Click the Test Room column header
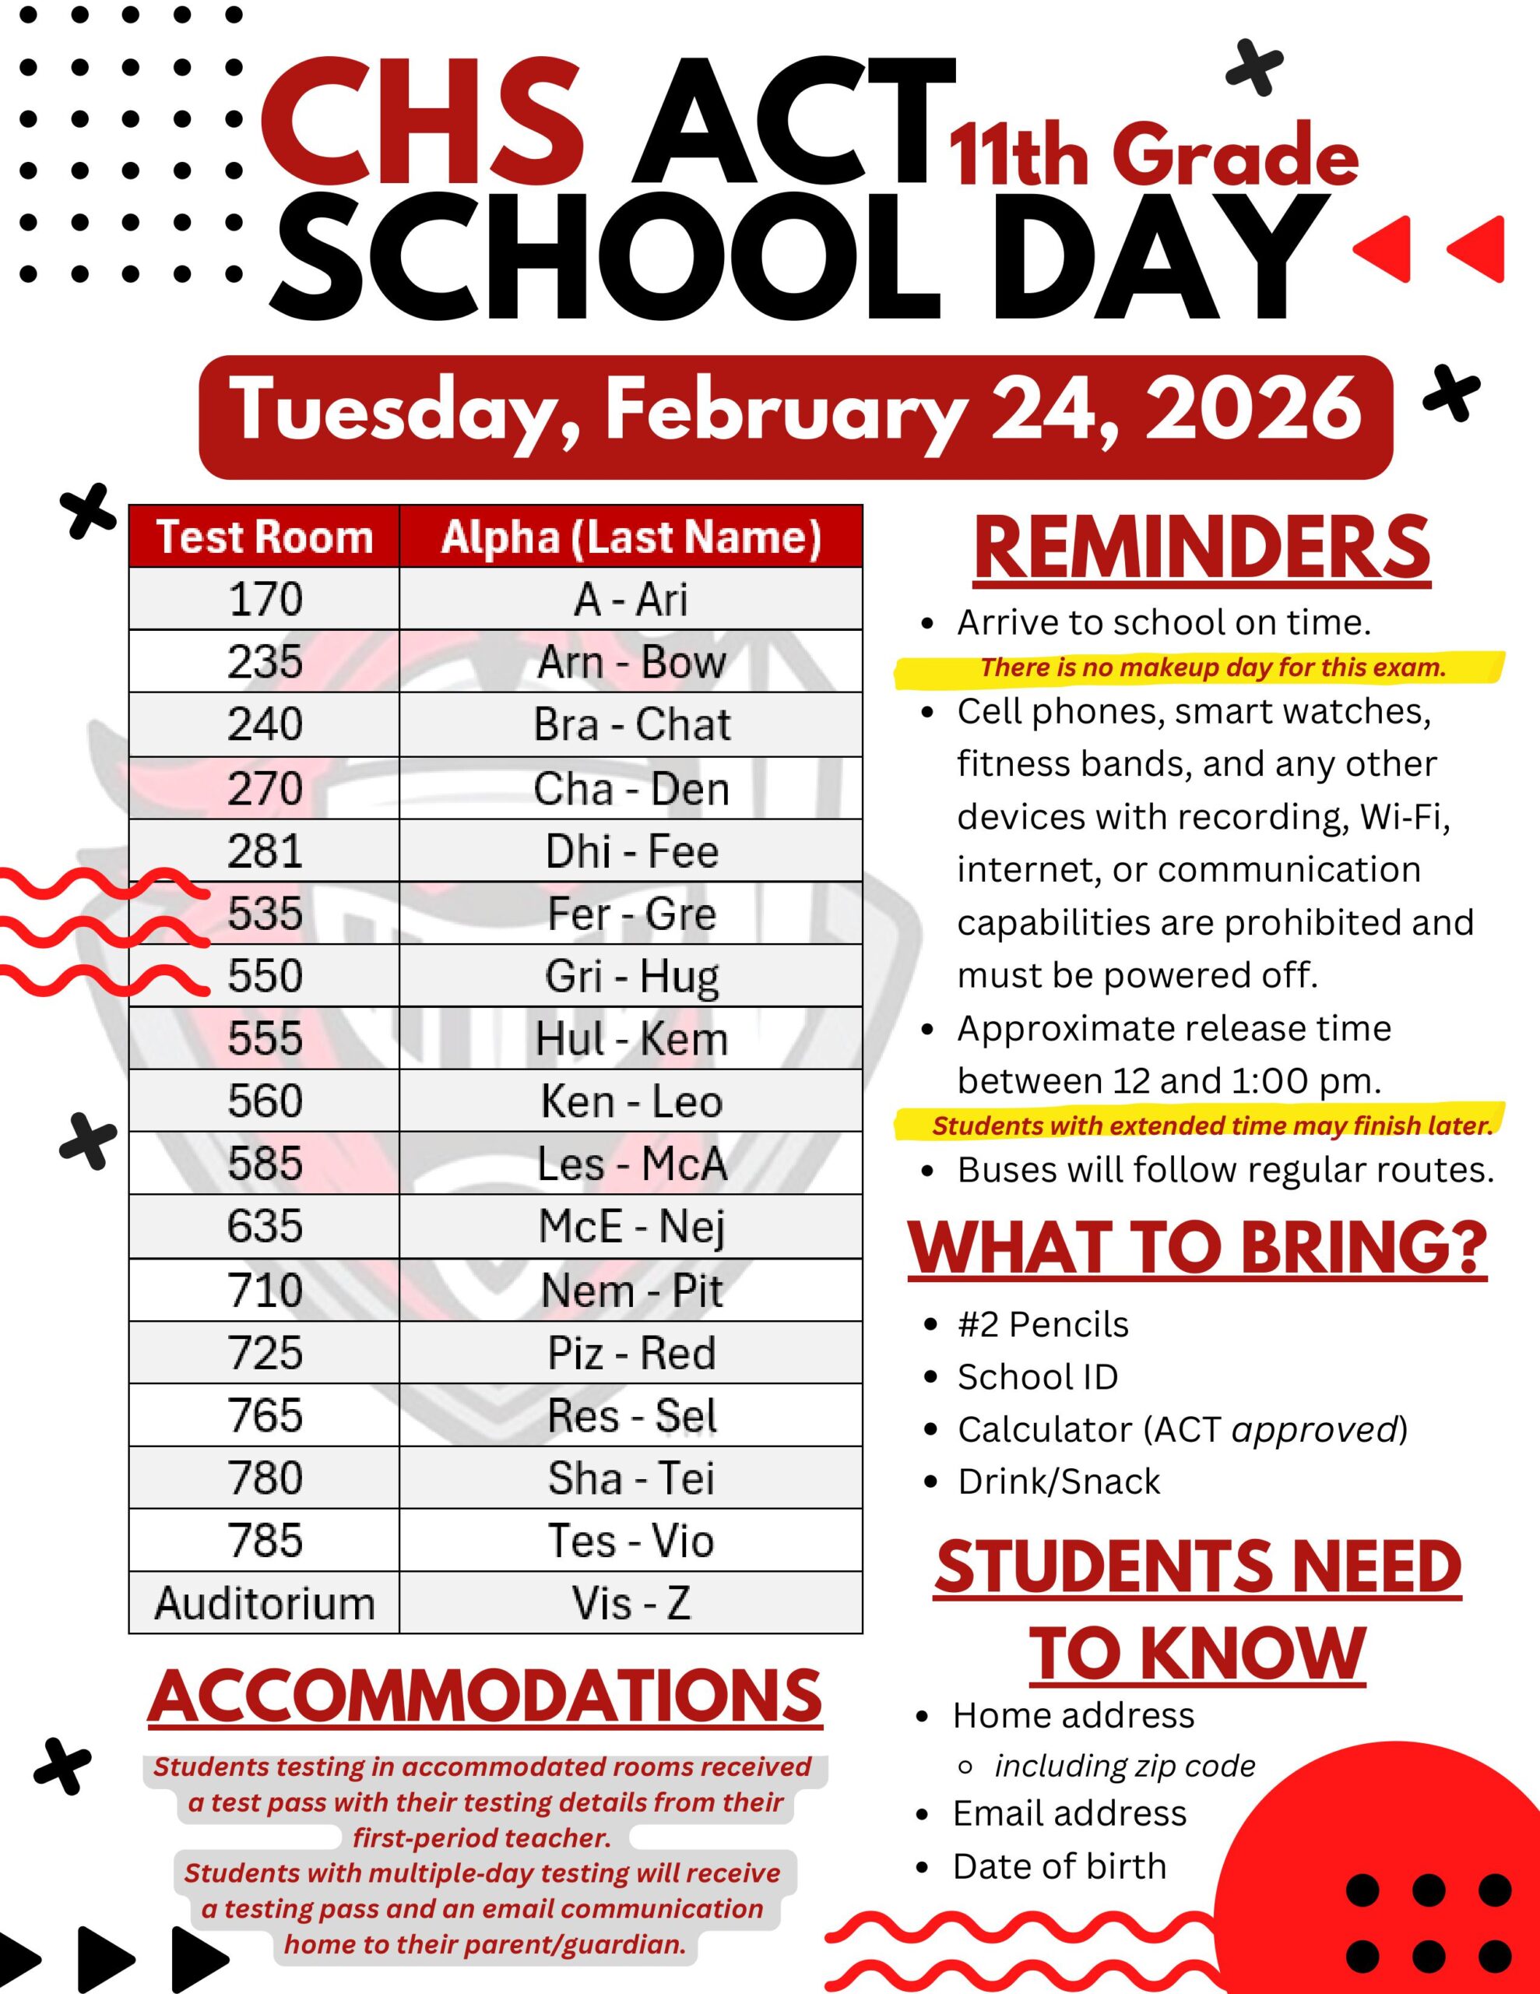pos(264,537)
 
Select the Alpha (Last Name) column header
pos(631,537)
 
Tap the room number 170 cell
pos(264,599)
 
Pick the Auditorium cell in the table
pos(264,1602)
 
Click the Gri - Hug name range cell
pos(631,975)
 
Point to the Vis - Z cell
pos(631,1602)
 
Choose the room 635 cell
pos(264,1226)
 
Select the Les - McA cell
pos(631,1163)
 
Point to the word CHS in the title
pos(423,123)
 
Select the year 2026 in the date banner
pos(1253,410)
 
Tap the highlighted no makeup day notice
pos(1213,668)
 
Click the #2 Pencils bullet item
pos(1042,1324)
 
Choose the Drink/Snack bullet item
pos(1058,1481)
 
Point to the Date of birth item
pos(1059,1866)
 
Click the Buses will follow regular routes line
pos(1225,1170)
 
